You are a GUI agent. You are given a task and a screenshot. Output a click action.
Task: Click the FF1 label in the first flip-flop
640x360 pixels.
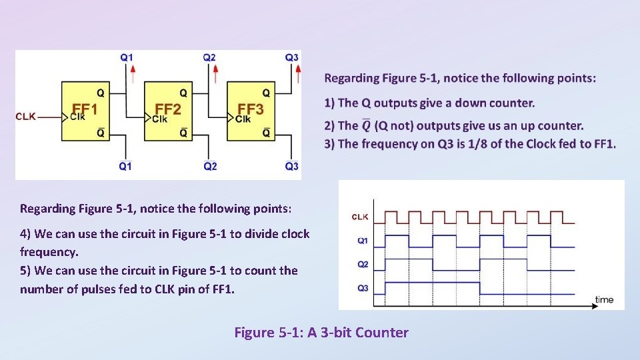(x=85, y=109)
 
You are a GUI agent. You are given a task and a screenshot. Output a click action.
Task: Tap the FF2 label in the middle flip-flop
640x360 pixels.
(x=167, y=109)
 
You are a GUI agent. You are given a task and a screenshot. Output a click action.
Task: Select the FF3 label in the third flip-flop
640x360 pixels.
(x=250, y=109)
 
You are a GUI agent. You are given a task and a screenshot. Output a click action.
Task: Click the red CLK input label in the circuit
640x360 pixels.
(x=25, y=117)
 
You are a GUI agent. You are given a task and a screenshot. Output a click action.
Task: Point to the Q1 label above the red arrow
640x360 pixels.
(x=126, y=57)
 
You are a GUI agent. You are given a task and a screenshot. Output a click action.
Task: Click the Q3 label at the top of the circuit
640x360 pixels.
(x=291, y=57)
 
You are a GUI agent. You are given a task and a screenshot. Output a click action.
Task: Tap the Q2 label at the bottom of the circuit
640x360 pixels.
(x=210, y=166)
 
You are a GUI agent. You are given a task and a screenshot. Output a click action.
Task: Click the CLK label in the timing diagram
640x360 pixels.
(x=359, y=217)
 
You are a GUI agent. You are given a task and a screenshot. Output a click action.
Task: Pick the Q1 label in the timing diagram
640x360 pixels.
(x=362, y=241)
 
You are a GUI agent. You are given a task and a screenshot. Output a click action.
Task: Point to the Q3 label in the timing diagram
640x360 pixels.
(x=362, y=288)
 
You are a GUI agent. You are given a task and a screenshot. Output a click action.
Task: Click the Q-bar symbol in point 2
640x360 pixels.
(x=366, y=125)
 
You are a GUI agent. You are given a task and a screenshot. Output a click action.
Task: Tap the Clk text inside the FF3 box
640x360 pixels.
(x=243, y=119)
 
